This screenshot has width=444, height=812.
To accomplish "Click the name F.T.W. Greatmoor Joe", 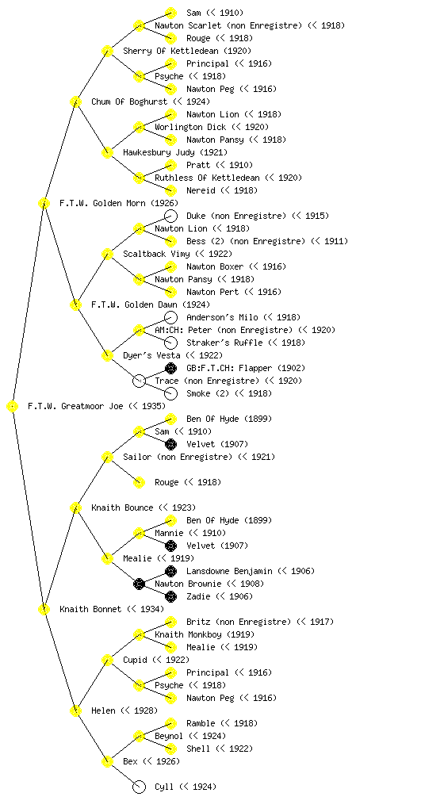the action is coord(75,406).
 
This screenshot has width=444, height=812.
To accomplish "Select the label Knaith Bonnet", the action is coord(90,609).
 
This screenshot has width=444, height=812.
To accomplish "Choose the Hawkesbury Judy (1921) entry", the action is coord(175,152).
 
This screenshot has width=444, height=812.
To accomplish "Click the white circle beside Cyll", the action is coord(139,787).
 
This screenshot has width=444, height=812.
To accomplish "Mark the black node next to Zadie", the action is coord(170,596).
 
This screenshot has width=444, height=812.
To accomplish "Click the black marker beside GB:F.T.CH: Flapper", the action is coord(170,368).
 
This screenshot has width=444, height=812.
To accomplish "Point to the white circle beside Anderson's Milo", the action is coord(170,317).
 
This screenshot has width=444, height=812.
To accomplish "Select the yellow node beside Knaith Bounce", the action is coord(75,507).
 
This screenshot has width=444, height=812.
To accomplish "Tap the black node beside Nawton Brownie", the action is coord(139,584).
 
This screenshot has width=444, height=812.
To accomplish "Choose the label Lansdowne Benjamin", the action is coord(229,571).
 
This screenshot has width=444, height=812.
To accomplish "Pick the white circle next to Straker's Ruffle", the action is coord(170,343).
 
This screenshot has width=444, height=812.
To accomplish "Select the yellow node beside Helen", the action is coord(75,710).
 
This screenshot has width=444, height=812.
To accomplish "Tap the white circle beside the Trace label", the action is coord(139,381).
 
